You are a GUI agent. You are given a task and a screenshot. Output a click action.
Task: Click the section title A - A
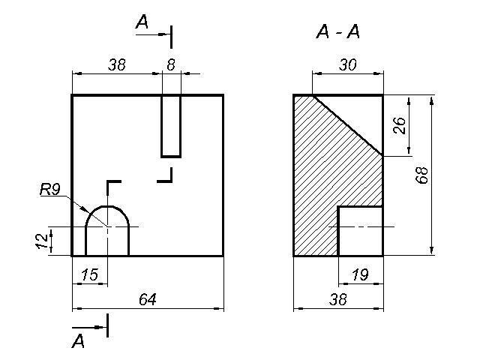click(x=337, y=31)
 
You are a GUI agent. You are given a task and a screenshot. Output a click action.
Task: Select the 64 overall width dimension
click(x=148, y=299)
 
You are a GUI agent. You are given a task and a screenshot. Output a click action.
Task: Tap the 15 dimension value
click(x=90, y=274)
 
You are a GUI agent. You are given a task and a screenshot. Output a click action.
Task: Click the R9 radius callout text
click(x=50, y=190)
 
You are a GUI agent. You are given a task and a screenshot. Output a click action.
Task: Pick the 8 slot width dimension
click(x=171, y=64)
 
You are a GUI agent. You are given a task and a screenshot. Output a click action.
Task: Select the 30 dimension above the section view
click(x=348, y=64)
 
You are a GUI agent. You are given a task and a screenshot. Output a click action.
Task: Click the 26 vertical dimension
click(x=400, y=125)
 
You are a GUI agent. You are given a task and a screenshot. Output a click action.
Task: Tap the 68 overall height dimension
click(x=421, y=175)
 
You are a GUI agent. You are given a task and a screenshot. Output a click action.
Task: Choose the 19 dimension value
click(x=360, y=274)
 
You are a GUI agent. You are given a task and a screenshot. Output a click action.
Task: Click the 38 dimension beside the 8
click(x=117, y=64)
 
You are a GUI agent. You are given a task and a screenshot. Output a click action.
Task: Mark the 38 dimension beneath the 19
click(x=338, y=299)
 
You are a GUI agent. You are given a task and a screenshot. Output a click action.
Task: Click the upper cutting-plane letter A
click(x=142, y=22)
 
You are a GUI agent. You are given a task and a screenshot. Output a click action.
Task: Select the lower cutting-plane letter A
click(x=78, y=340)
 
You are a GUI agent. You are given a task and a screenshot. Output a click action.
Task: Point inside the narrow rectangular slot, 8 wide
click(x=171, y=126)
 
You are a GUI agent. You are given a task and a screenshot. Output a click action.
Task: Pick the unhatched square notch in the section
click(x=361, y=231)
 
